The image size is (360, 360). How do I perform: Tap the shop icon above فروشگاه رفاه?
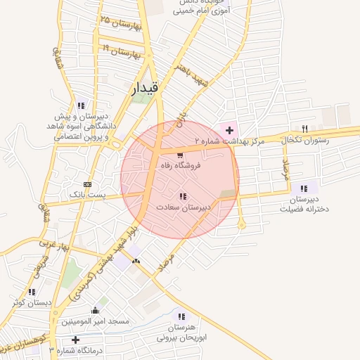point(181,155)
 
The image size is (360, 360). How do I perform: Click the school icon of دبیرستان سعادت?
point(183,196)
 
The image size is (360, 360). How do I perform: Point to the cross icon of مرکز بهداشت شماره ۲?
point(229,130)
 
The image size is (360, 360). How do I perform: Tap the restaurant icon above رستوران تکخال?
point(304,129)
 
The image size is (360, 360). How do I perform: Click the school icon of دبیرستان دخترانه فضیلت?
point(304,188)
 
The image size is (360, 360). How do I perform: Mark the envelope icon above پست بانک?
point(86,182)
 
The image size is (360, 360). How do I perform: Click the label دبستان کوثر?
point(32,302)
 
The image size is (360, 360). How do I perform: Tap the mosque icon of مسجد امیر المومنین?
point(96,310)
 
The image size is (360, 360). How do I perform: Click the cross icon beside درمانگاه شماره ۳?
point(75,340)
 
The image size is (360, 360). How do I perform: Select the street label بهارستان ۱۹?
point(124,51)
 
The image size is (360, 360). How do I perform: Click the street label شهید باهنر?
point(193,81)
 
